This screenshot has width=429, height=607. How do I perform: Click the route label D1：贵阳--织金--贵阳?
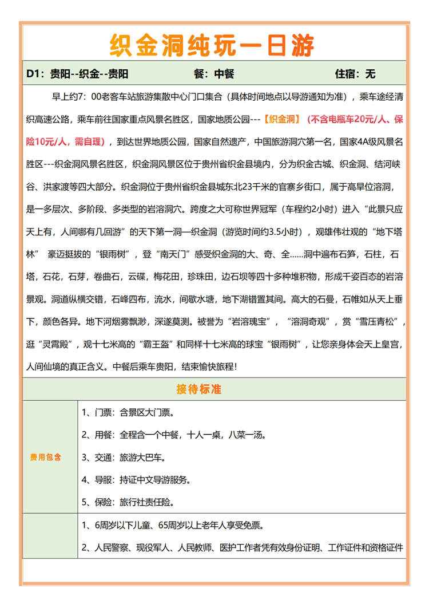tap(77, 74)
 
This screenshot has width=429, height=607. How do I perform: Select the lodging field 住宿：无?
tap(355, 74)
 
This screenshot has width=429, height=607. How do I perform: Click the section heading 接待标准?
tap(198, 389)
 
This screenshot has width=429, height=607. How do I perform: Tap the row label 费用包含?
tap(46, 458)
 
